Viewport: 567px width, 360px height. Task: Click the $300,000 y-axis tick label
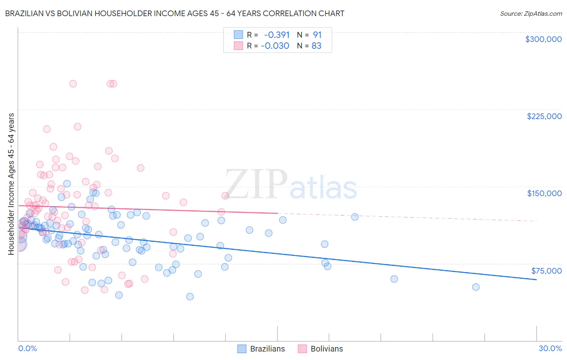tap(543, 39)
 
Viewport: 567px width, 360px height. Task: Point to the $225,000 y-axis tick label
tap(544, 116)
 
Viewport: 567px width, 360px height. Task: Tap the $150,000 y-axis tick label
tap(544, 193)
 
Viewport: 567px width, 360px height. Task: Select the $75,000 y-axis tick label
tap(546, 271)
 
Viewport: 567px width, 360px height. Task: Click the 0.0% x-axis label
tap(27, 348)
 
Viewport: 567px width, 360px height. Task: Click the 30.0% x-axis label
tap(550, 348)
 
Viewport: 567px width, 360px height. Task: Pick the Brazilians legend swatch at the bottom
tap(242, 349)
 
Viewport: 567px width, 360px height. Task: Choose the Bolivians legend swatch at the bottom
tap(302, 349)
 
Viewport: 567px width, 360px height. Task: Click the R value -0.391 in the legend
tap(276, 35)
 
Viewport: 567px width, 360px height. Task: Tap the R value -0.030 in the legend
tap(275, 46)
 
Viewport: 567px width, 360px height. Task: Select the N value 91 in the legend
tap(317, 35)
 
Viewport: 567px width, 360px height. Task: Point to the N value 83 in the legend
tap(317, 46)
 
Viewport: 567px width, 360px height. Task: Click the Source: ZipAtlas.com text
tap(531, 13)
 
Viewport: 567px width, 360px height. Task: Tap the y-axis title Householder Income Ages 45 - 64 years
tap(11, 184)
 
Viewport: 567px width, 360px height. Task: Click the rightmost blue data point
tap(475, 287)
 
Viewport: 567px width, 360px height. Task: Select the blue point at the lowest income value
tap(190, 297)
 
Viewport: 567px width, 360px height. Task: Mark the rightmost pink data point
tap(225, 196)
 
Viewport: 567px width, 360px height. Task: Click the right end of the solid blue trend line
tap(536, 280)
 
